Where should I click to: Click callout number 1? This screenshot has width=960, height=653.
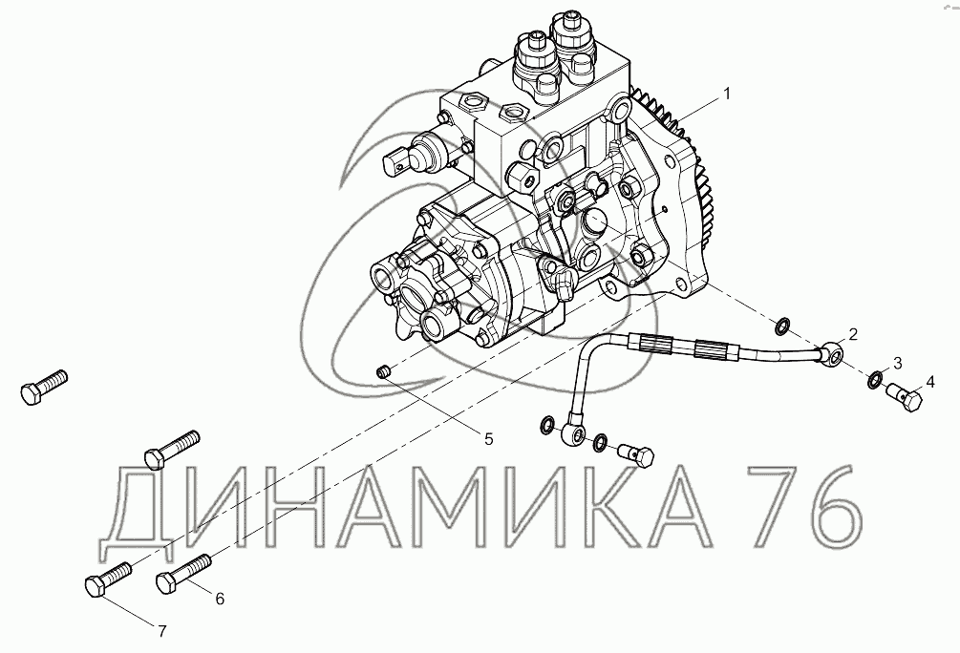tap(726, 94)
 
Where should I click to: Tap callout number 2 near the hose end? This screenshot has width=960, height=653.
tap(852, 334)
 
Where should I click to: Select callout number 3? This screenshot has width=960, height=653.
tap(898, 363)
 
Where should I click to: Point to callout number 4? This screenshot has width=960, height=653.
tap(930, 383)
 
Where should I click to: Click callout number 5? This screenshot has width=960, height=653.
tap(488, 439)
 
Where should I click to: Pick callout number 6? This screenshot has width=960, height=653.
tap(219, 599)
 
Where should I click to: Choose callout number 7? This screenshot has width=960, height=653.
tap(161, 632)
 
